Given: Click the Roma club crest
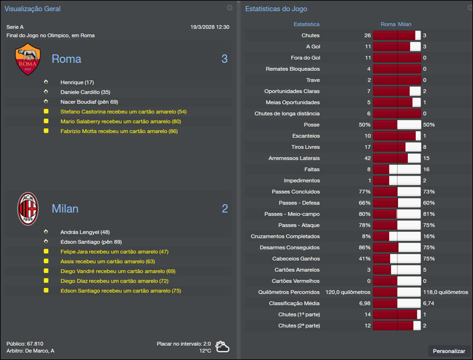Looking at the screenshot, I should click(28, 59).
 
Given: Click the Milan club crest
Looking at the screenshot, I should click(28, 209).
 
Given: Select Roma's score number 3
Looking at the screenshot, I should click(224, 59).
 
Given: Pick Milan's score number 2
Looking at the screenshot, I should click(224, 209).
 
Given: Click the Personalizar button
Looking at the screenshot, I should click(449, 351).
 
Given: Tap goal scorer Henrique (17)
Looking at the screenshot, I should click(77, 82).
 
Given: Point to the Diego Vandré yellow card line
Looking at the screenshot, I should click(118, 271).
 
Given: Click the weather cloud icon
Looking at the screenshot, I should click(223, 346).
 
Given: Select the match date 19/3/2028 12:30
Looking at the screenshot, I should click(210, 27).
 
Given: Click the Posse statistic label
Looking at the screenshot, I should click(311, 125).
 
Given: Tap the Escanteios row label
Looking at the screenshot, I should click(306, 136).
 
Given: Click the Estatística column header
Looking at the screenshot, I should click(306, 24).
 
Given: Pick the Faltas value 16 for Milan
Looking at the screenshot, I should click(426, 169).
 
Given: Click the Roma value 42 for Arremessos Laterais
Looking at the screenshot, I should click(367, 158).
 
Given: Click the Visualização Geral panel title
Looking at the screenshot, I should click(33, 9).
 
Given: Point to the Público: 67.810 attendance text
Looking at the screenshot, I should click(25, 343).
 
